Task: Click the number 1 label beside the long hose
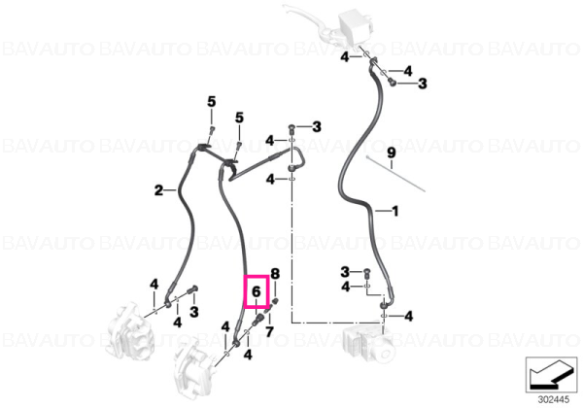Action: coord(394,211)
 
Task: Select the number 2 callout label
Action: coord(158,190)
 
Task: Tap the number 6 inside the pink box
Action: coord(257,292)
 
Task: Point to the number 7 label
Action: coord(269,331)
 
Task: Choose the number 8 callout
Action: coord(275,274)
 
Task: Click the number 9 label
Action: coord(392,153)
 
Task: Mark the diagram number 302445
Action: coord(553,399)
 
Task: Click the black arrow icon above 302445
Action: coord(551,374)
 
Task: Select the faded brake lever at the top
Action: coord(327,24)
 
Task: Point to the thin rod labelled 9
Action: coord(395,174)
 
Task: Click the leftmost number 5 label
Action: coord(211,101)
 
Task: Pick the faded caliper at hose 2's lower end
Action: coord(129,330)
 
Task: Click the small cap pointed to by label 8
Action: coord(276,300)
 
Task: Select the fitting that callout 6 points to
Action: coord(257,320)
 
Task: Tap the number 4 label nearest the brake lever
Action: coord(345,57)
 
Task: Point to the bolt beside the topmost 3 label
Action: coord(392,82)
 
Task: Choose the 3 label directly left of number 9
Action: coord(317,126)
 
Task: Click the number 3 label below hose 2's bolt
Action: coord(193,312)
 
